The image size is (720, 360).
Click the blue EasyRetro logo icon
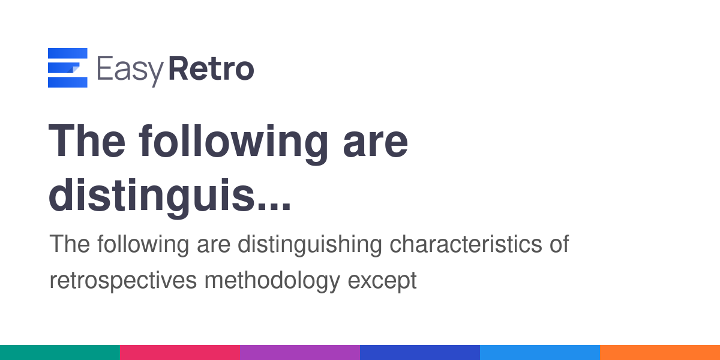(67, 67)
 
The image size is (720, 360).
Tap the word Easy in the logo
(131, 70)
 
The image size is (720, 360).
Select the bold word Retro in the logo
(211, 68)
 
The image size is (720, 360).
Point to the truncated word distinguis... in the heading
(170, 197)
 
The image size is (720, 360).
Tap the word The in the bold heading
(87, 141)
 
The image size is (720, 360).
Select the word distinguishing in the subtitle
(310, 245)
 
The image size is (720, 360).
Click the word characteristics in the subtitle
(466, 244)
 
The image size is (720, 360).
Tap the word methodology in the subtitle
(272, 281)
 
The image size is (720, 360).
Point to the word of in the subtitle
(560, 244)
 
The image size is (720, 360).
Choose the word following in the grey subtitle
(143, 245)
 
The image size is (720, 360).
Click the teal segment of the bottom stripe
(60, 353)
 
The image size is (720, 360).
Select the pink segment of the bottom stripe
(180, 353)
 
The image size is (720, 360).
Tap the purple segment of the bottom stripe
(300, 353)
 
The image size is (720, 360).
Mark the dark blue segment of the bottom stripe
(420, 353)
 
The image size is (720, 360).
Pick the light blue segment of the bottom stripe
(540, 353)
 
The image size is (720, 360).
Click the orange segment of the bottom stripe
(660, 353)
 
